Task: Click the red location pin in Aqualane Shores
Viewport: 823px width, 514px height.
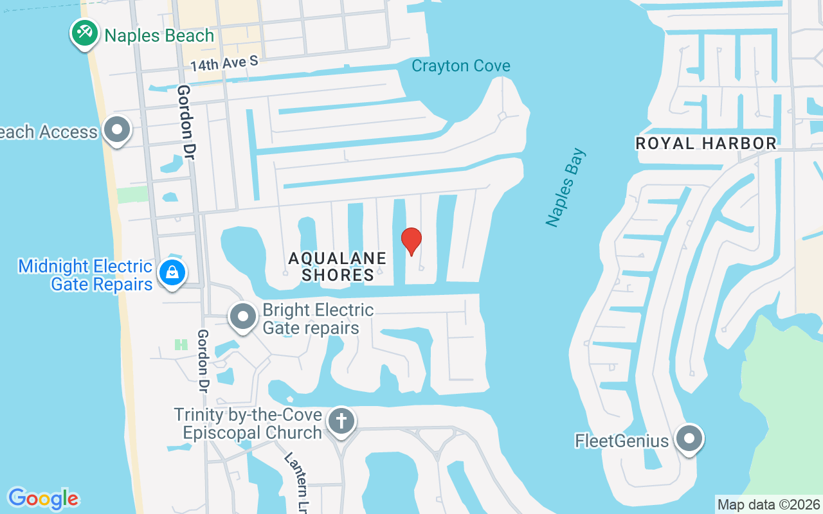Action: coord(411,241)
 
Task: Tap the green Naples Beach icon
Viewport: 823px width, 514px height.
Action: coord(84,32)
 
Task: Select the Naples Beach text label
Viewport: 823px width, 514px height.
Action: coord(159,35)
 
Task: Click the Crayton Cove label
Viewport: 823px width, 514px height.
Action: coord(461,66)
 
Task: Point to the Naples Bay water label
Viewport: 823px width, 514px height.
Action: coord(566,188)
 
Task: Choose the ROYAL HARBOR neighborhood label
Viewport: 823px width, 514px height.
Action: coord(706,143)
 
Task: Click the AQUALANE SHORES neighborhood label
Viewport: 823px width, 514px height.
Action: coord(338,267)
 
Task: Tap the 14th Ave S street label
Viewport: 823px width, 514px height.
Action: coord(224,63)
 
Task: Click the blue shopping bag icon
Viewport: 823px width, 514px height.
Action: coord(172,272)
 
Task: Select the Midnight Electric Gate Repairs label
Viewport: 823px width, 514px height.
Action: coord(86,275)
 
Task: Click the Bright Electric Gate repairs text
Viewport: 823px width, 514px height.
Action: coord(318,319)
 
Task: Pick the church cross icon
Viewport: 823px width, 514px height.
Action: coord(341,421)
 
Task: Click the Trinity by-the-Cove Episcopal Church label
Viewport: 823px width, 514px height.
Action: coord(248,423)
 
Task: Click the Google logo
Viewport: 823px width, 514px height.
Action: coord(43,499)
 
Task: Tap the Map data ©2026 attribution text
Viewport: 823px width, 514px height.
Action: coord(768,504)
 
